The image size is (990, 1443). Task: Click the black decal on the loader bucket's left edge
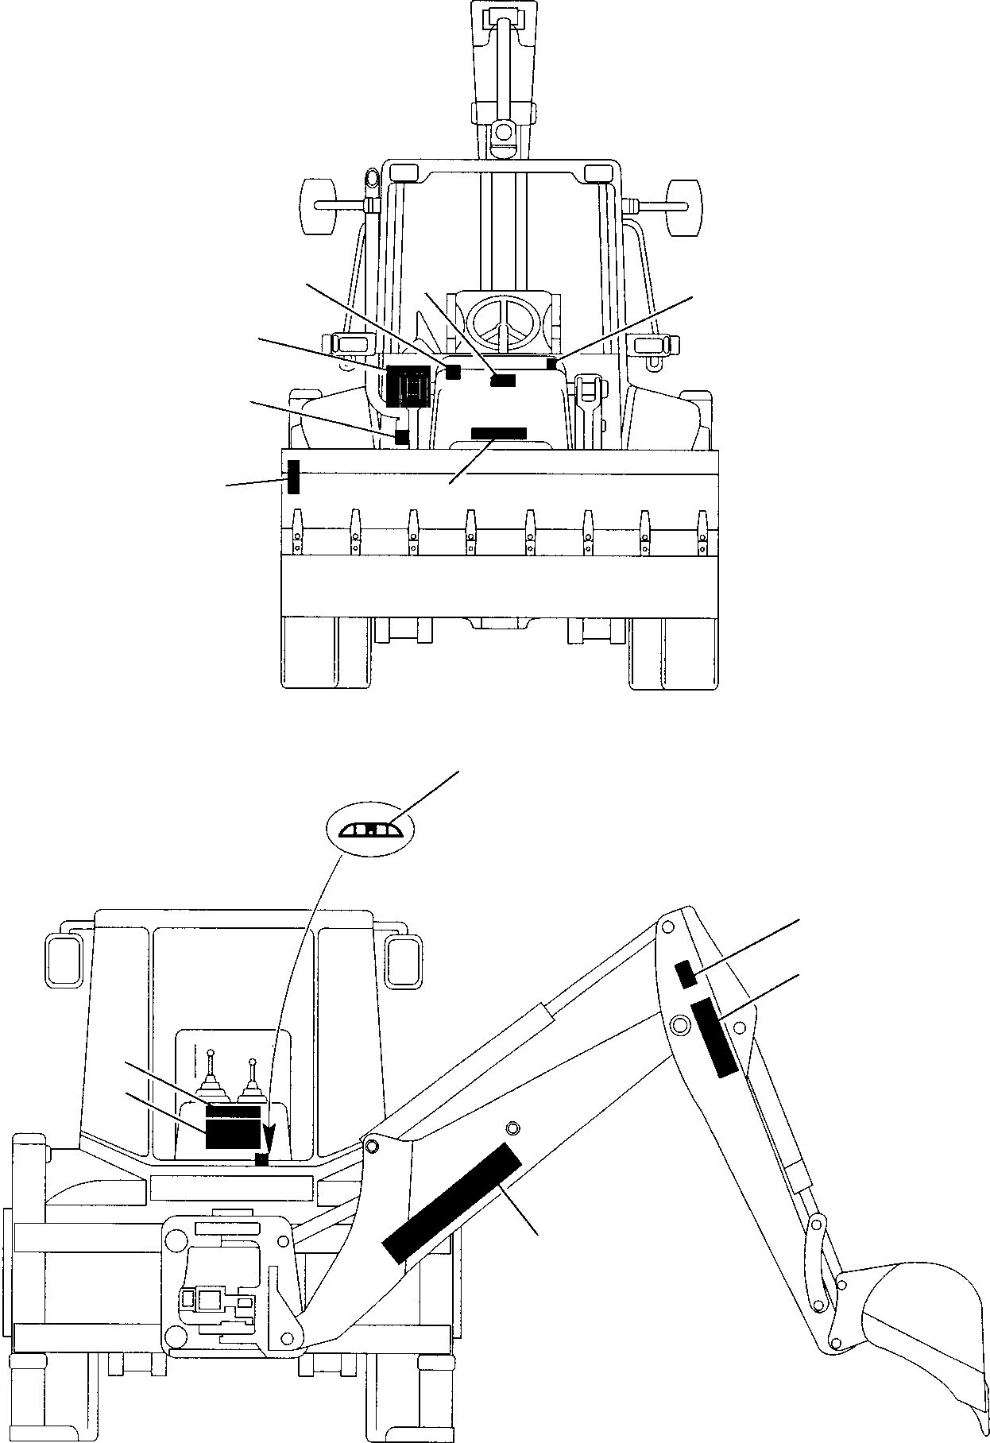tap(293, 477)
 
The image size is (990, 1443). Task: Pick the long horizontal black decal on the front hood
tap(499, 433)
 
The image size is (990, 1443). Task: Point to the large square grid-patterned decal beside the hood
tap(408, 387)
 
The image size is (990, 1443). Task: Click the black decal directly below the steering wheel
tap(503, 381)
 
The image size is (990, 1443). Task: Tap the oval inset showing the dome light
tap(371, 830)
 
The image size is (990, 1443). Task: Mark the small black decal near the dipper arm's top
tap(686, 974)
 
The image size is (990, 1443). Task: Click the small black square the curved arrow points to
tap(261, 1161)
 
